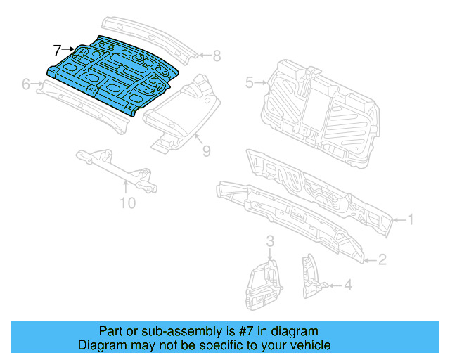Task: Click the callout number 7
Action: point(58,50)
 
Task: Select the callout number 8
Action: point(217,56)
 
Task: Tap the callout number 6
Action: point(26,84)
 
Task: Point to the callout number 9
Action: point(206,150)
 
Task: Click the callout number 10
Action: point(127,204)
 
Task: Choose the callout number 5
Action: point(249,83)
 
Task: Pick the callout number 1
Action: point(411,220)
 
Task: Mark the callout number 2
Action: point(382,260)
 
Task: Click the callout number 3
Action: point(269,243)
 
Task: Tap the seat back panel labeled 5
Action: point(320,112)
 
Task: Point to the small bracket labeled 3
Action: point(263,285)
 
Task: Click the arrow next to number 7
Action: point(69,50)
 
